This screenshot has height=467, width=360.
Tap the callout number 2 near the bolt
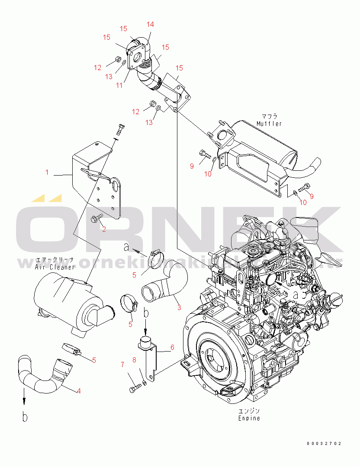coord(104,229)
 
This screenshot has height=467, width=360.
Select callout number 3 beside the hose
coord(179,307)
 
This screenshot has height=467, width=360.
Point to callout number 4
coord(78,391)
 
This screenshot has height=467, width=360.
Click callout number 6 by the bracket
coord(172,347)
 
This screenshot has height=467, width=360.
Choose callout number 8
coord(134,359)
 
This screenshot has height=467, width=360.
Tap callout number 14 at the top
coord(150,24)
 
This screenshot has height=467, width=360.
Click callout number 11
coord(119,85)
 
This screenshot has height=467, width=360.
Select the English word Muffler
coord(269,124)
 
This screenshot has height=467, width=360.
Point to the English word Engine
coord(249,418)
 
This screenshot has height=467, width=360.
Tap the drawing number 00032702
coord(324,444)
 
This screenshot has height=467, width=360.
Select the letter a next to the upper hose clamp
coord(126,247)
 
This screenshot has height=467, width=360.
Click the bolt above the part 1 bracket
coord(120,128)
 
